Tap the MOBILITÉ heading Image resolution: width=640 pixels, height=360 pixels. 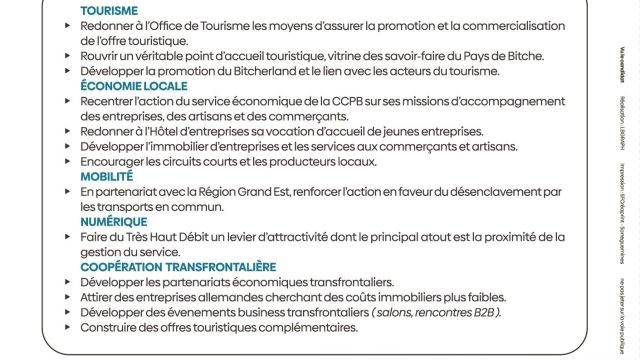(x=106, y=176)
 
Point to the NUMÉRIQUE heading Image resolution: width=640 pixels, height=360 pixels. (x=114, y=221)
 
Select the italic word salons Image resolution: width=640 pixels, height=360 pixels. (x=395, y=312)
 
